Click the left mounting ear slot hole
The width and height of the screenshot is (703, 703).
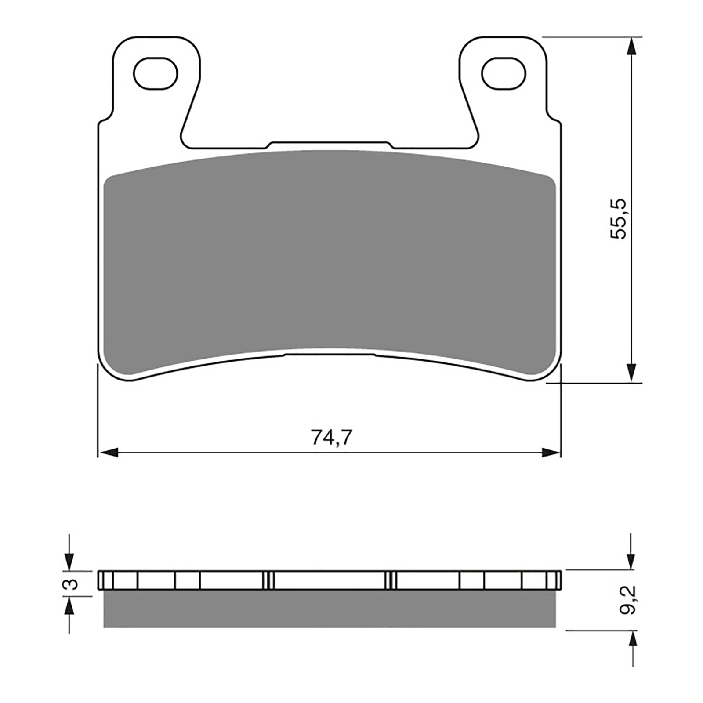pos(156,72)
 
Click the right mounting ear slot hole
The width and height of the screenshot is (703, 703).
pos(503,72)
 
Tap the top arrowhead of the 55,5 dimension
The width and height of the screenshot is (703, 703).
pos(631,47)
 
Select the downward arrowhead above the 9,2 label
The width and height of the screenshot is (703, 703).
pos(631,560)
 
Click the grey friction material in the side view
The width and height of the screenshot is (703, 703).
pos(330,609)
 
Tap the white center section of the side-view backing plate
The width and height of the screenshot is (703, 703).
pos(330,580)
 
